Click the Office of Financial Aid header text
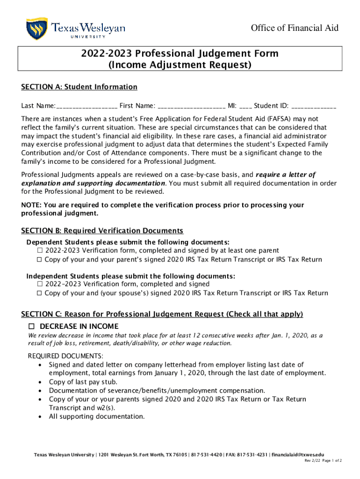click(295, 28)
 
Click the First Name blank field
click(192, 106)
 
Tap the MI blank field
click(245, 106)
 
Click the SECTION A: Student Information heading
click(79, 87)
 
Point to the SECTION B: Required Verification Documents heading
click(102, 231)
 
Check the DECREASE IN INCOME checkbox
click(32, 326)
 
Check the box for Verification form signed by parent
click(40, 251)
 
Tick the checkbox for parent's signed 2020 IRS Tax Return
click(40, 260)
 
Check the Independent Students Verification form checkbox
click(40, 284)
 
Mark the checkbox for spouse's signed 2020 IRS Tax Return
click(40, 293)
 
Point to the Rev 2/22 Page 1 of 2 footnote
click(323, 461)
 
